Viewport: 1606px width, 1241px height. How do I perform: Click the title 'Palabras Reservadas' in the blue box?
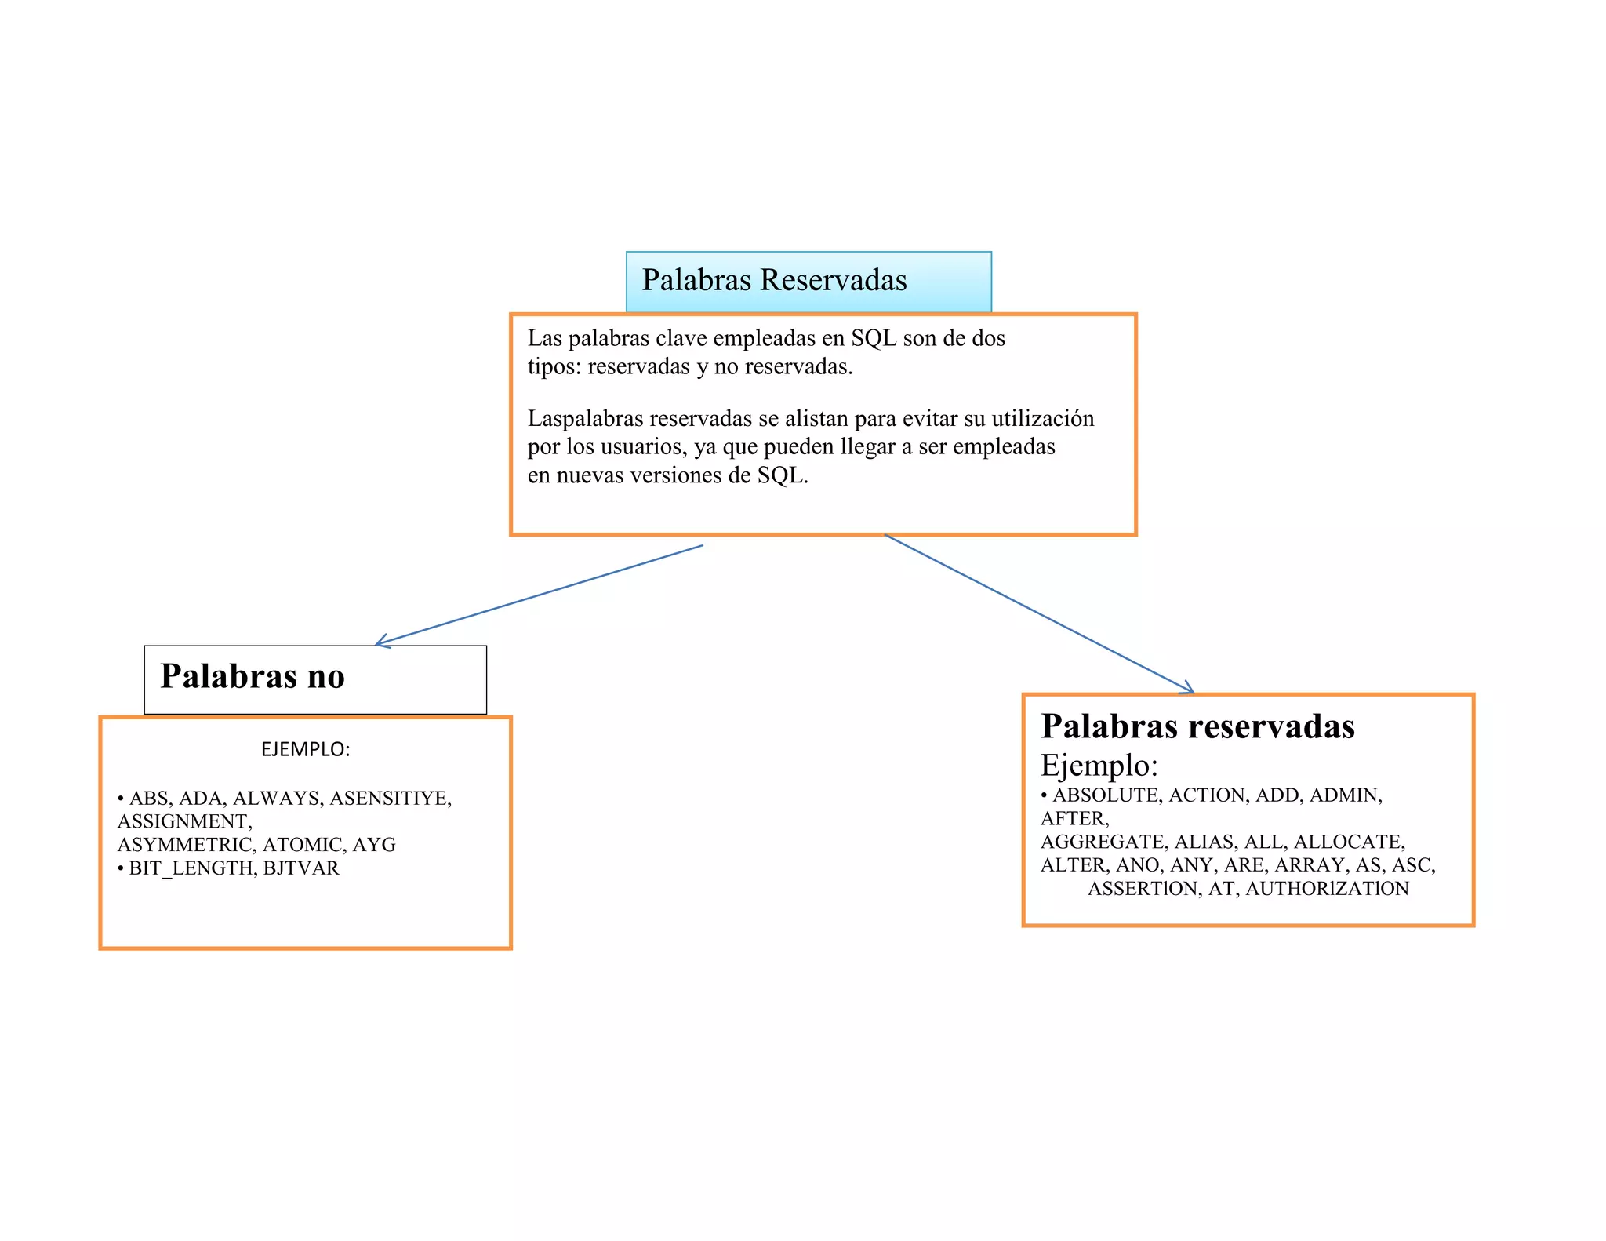pyautogui.click(x=774, y=280)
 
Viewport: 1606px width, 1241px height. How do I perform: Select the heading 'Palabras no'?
pyautogui.click(x=253, y=676)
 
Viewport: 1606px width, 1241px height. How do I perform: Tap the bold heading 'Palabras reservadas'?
pyautogui.click(x=1197, y=726)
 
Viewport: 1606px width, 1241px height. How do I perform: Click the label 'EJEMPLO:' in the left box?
pyautogui.click(x=305, y=749)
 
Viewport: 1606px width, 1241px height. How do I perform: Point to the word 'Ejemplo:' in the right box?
pyautogui.click(x=1099, y=765)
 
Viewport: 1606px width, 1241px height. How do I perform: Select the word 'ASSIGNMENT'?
pyautogui.click(x=183, y=821)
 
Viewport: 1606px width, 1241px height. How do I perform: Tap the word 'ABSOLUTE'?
pyautogui.click(x=1106, y=795)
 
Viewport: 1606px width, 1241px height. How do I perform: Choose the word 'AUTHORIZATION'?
pyautogui.click(x=1327, y=889)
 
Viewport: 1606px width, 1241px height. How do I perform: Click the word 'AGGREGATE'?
pyautogui.click(x=1102, y=842)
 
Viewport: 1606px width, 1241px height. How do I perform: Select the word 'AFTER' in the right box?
pyautogui.click(x=1073, y=819)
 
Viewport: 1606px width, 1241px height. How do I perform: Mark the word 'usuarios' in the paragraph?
pyautogui.click(x=641, y=447)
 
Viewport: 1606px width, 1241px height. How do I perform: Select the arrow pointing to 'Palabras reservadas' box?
pyautogui.click(x=1039, y=614)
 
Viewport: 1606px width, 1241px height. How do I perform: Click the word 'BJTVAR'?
pyautogui.click(x=301, y=868)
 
